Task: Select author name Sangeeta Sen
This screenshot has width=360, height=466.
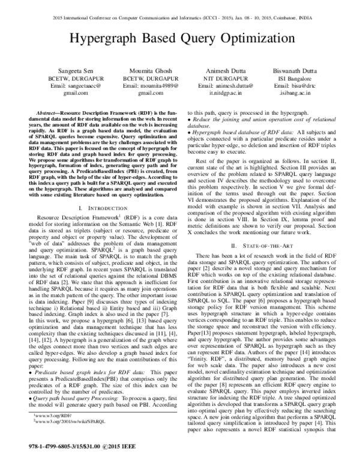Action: (68, 71)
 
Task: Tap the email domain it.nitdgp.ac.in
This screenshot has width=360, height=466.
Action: (221, 94)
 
